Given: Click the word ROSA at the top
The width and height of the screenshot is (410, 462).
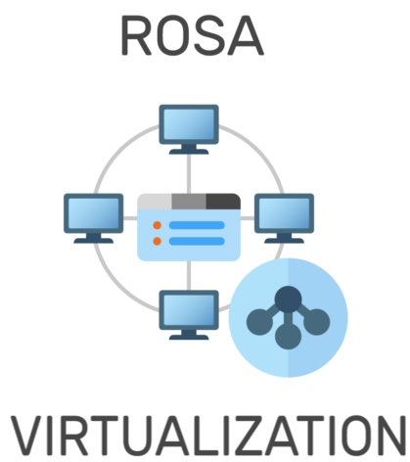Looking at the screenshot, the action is click(192, 35).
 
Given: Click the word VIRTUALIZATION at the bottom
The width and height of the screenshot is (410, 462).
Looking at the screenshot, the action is click(208, 436).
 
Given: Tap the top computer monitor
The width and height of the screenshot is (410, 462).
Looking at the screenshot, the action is click(189, 129).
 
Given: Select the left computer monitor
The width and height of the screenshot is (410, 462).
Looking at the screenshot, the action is click(94, 218).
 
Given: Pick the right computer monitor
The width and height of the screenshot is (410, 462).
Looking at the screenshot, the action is click(284, 218).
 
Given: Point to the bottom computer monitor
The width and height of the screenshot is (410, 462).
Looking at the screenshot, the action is click(189, 315).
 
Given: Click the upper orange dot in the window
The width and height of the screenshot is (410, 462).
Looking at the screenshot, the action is click(158, 225).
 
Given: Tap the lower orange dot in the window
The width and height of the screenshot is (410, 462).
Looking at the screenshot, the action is click(158, 241).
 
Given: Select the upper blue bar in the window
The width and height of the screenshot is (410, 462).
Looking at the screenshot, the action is click(197, 225).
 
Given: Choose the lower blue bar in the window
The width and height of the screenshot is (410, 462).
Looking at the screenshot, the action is click(197, 241).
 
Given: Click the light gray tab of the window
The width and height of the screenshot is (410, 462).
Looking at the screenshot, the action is click(155, 202).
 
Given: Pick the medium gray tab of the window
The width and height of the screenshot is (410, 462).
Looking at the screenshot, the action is click(189, 202).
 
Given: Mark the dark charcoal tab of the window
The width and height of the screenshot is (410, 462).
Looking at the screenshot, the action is click(224, 202).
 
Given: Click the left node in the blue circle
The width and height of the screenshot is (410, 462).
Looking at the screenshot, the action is click(259, 322).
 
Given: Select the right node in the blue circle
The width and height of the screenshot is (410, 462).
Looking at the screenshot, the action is click(316, 322).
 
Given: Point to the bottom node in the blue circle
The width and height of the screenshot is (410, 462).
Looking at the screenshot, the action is click(288, 336).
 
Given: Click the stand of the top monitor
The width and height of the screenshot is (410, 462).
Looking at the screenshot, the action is click(189, 150).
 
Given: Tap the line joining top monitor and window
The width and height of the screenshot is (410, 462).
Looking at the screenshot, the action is click(189, 174).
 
